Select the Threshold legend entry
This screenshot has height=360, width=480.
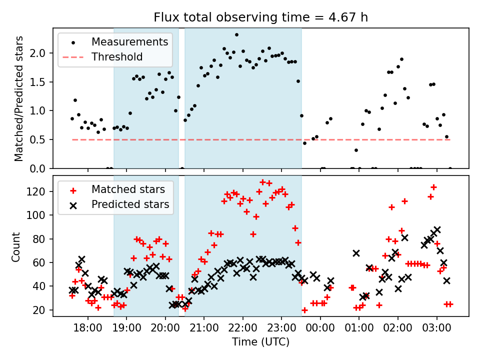tap(117, 57)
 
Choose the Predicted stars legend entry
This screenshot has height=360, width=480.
tap(130, 204)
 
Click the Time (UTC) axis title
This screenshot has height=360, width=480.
tap(260, 342)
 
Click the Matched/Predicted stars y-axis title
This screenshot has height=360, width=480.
tap(19, 98)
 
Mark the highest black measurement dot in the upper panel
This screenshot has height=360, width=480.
tap(236, 35)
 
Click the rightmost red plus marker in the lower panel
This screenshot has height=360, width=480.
tap(449, 304)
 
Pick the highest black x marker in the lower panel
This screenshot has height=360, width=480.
tap(437, 230)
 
